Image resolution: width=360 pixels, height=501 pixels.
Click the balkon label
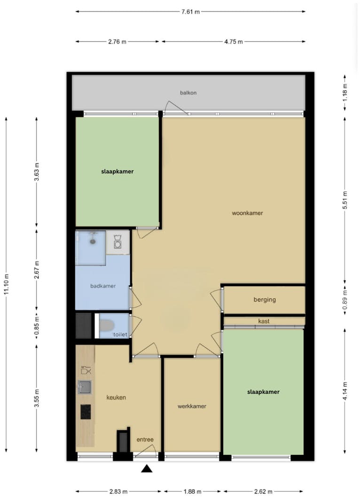[188, 93]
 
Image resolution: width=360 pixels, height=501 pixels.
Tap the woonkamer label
[247, 213]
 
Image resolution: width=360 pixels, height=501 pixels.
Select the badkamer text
[103, 286]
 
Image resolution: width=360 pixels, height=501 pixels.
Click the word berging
[265, 300]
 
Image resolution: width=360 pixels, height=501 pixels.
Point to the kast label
[264, 321]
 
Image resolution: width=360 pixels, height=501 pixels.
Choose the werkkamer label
[192, 406]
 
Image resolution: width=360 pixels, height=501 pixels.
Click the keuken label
[116, 398]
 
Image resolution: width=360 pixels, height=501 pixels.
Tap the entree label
[145, 439]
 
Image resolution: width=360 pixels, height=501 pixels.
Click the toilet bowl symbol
[107, 326]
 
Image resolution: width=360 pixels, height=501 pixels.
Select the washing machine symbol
[117, 242]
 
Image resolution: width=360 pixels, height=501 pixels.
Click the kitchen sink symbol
[84, 387]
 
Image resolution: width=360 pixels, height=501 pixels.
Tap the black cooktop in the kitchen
[86, 412]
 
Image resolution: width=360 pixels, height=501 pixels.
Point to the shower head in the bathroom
[93, 240]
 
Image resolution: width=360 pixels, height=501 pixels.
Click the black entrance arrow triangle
[147, 469]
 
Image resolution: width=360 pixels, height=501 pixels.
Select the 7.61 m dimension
[191, 12]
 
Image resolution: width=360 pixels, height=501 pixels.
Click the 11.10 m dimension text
[7, 284]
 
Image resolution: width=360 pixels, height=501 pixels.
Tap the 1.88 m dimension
[192, 492]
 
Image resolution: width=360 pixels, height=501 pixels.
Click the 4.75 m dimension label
[234, 41]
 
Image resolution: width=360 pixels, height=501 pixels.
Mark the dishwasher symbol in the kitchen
[86, 370]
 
